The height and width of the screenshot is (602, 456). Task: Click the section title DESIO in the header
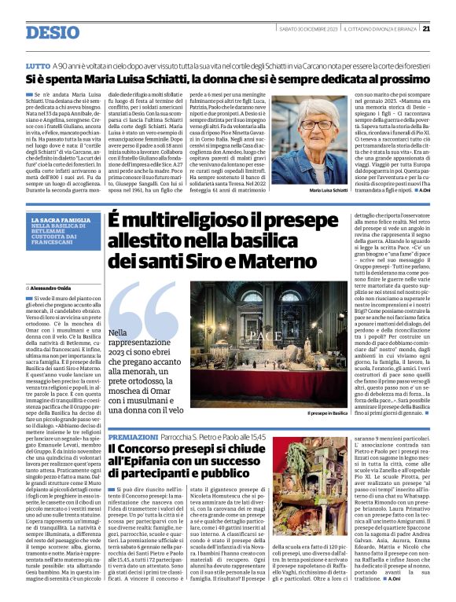coord(53,32)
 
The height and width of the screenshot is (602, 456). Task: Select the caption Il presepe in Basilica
coord(328,412)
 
